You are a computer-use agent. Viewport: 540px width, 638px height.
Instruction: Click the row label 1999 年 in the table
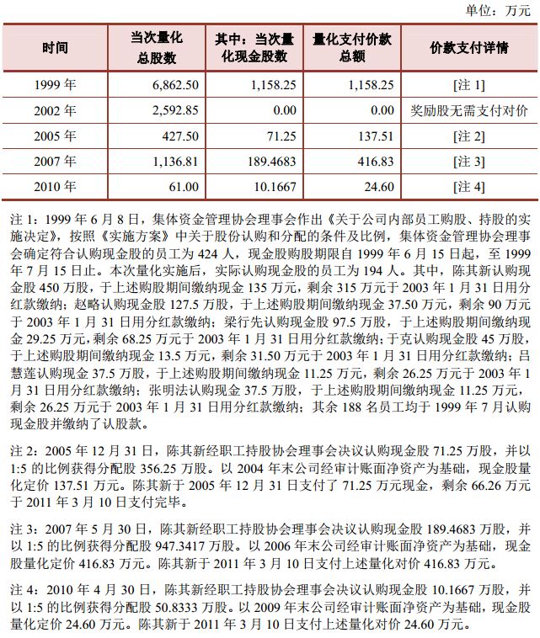[x=56, y=85]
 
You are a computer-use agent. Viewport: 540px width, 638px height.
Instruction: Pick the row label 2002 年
[x=56, y=110]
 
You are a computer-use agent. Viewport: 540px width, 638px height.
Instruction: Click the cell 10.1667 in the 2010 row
[x=275, y=186]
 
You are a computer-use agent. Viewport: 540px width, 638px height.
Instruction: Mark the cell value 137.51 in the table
[x=376, y=136]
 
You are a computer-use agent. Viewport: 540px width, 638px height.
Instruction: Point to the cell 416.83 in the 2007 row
[x=376, y=161]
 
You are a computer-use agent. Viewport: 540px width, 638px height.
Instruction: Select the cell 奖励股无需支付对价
[x=469, y=110]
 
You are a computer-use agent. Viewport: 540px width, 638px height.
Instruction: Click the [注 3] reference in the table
[x=469, y=161]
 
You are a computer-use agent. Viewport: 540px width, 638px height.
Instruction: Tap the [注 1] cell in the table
[x=469, y=85]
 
